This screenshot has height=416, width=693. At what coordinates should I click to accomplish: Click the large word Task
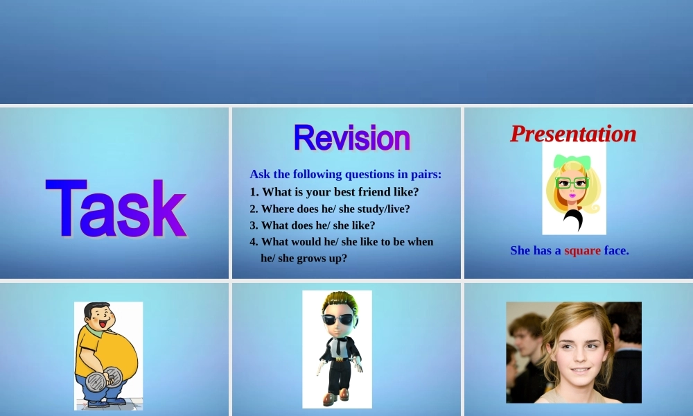[116, 208]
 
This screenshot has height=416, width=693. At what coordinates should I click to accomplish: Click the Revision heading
[352, 138]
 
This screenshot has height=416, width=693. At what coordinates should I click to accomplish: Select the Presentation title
[573, 134]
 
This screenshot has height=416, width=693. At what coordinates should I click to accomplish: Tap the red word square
[582, 251]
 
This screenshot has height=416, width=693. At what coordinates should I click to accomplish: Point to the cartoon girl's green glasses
[572, 182]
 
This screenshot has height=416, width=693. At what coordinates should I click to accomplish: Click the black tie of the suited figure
[339, 346]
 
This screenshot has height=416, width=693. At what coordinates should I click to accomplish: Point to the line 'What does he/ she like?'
[313, 225]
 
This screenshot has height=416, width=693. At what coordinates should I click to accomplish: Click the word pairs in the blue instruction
[426, 175]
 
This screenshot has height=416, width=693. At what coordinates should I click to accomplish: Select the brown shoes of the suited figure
[336, 397]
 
